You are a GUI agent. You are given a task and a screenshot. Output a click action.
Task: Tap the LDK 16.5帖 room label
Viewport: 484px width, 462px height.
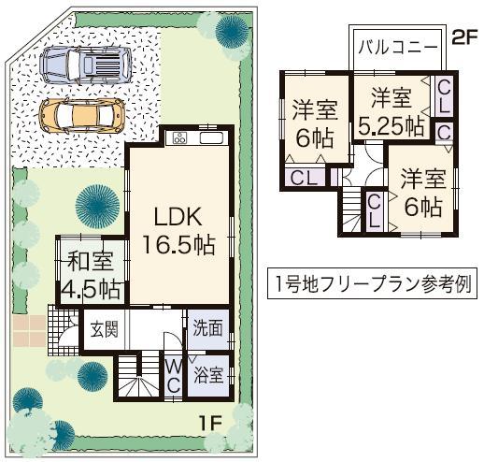[179, 230]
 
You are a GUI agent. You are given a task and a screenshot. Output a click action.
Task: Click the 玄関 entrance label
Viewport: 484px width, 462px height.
[103, 328]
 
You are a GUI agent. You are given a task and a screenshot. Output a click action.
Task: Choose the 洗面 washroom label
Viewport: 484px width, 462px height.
[208, 328]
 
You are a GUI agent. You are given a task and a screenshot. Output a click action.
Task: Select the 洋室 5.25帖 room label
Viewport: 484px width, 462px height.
[389, 109]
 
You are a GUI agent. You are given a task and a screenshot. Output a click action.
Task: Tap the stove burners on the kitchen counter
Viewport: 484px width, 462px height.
[179, 139]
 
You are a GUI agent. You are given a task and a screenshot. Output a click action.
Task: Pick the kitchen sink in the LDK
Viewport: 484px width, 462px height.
[209, 139]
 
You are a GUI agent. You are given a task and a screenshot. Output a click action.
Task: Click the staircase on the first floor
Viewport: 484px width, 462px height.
[137, 379]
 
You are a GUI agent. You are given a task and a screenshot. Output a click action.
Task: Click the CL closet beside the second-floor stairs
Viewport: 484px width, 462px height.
[374, 209]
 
